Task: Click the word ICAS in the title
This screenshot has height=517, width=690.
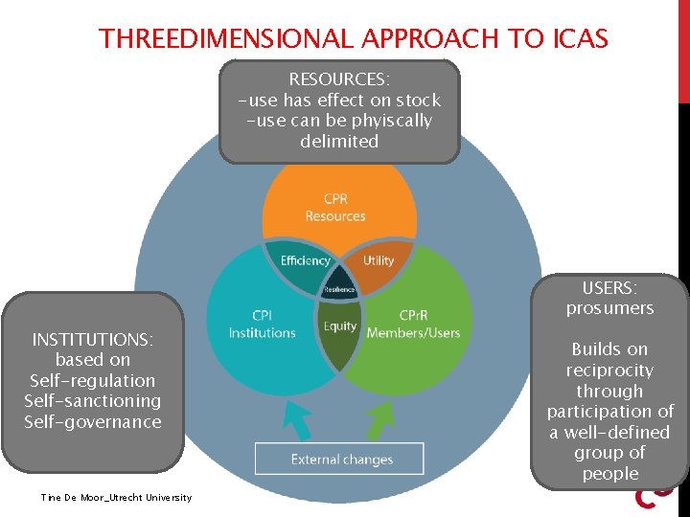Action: [x=581, y=39]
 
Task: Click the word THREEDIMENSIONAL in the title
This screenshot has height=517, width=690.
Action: [x=226, y=39]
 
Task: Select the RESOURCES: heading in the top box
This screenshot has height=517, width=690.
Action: [x=339, y=79]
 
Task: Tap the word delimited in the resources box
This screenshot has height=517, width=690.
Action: [x=339, y=142]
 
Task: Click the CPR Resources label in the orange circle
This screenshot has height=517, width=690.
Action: [x=335, y=208]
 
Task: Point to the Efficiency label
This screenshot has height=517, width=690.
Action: [x=305, y=260]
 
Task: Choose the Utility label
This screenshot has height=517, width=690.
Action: [x=379, y=260]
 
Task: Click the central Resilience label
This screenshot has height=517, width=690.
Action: [x=339, y=289]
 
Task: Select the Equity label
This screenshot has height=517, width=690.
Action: [x=339, y=326]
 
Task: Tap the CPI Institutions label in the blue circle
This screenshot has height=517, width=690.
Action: [x=262, y=324]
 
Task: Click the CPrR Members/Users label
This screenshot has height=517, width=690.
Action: [x=414, y=324]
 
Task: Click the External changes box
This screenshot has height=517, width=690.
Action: [x=339, y=460]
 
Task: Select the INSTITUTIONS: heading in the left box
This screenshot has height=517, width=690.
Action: [x=93, y=340]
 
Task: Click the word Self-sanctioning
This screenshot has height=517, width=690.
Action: [x=93, y=401]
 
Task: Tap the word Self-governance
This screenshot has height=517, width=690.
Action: [x=93, y=422]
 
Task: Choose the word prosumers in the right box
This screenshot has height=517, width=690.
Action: [x=609, y=308]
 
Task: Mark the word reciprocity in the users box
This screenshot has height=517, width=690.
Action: [x=609, y=371]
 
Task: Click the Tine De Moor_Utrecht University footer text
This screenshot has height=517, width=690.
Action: [x=116, y=497]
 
